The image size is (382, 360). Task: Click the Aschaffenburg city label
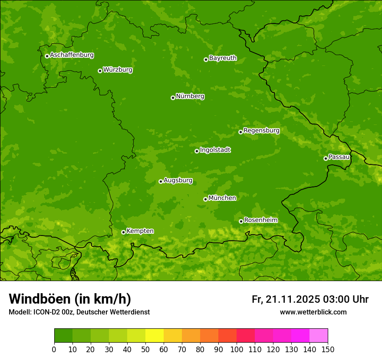72,55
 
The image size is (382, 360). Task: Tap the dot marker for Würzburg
100,71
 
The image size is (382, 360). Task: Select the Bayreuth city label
223,58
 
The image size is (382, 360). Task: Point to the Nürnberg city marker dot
173,98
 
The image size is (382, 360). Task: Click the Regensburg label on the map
261,131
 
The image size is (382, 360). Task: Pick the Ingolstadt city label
215,150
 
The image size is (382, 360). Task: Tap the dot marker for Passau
326,158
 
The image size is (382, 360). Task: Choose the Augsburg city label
178,180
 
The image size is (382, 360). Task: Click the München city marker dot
205,199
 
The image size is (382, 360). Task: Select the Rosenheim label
260,220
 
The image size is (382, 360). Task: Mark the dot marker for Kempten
123,232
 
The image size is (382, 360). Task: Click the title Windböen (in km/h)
70,299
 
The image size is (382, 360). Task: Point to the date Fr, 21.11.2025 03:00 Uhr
310,299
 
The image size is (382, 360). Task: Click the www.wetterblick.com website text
313,312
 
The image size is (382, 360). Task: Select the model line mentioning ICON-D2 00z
79,312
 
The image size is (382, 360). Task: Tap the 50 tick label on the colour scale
145,349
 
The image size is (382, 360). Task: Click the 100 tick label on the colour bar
237,349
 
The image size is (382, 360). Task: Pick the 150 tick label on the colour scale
328,349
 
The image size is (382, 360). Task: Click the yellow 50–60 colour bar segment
155,336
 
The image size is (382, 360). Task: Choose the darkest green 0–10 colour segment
63,336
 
